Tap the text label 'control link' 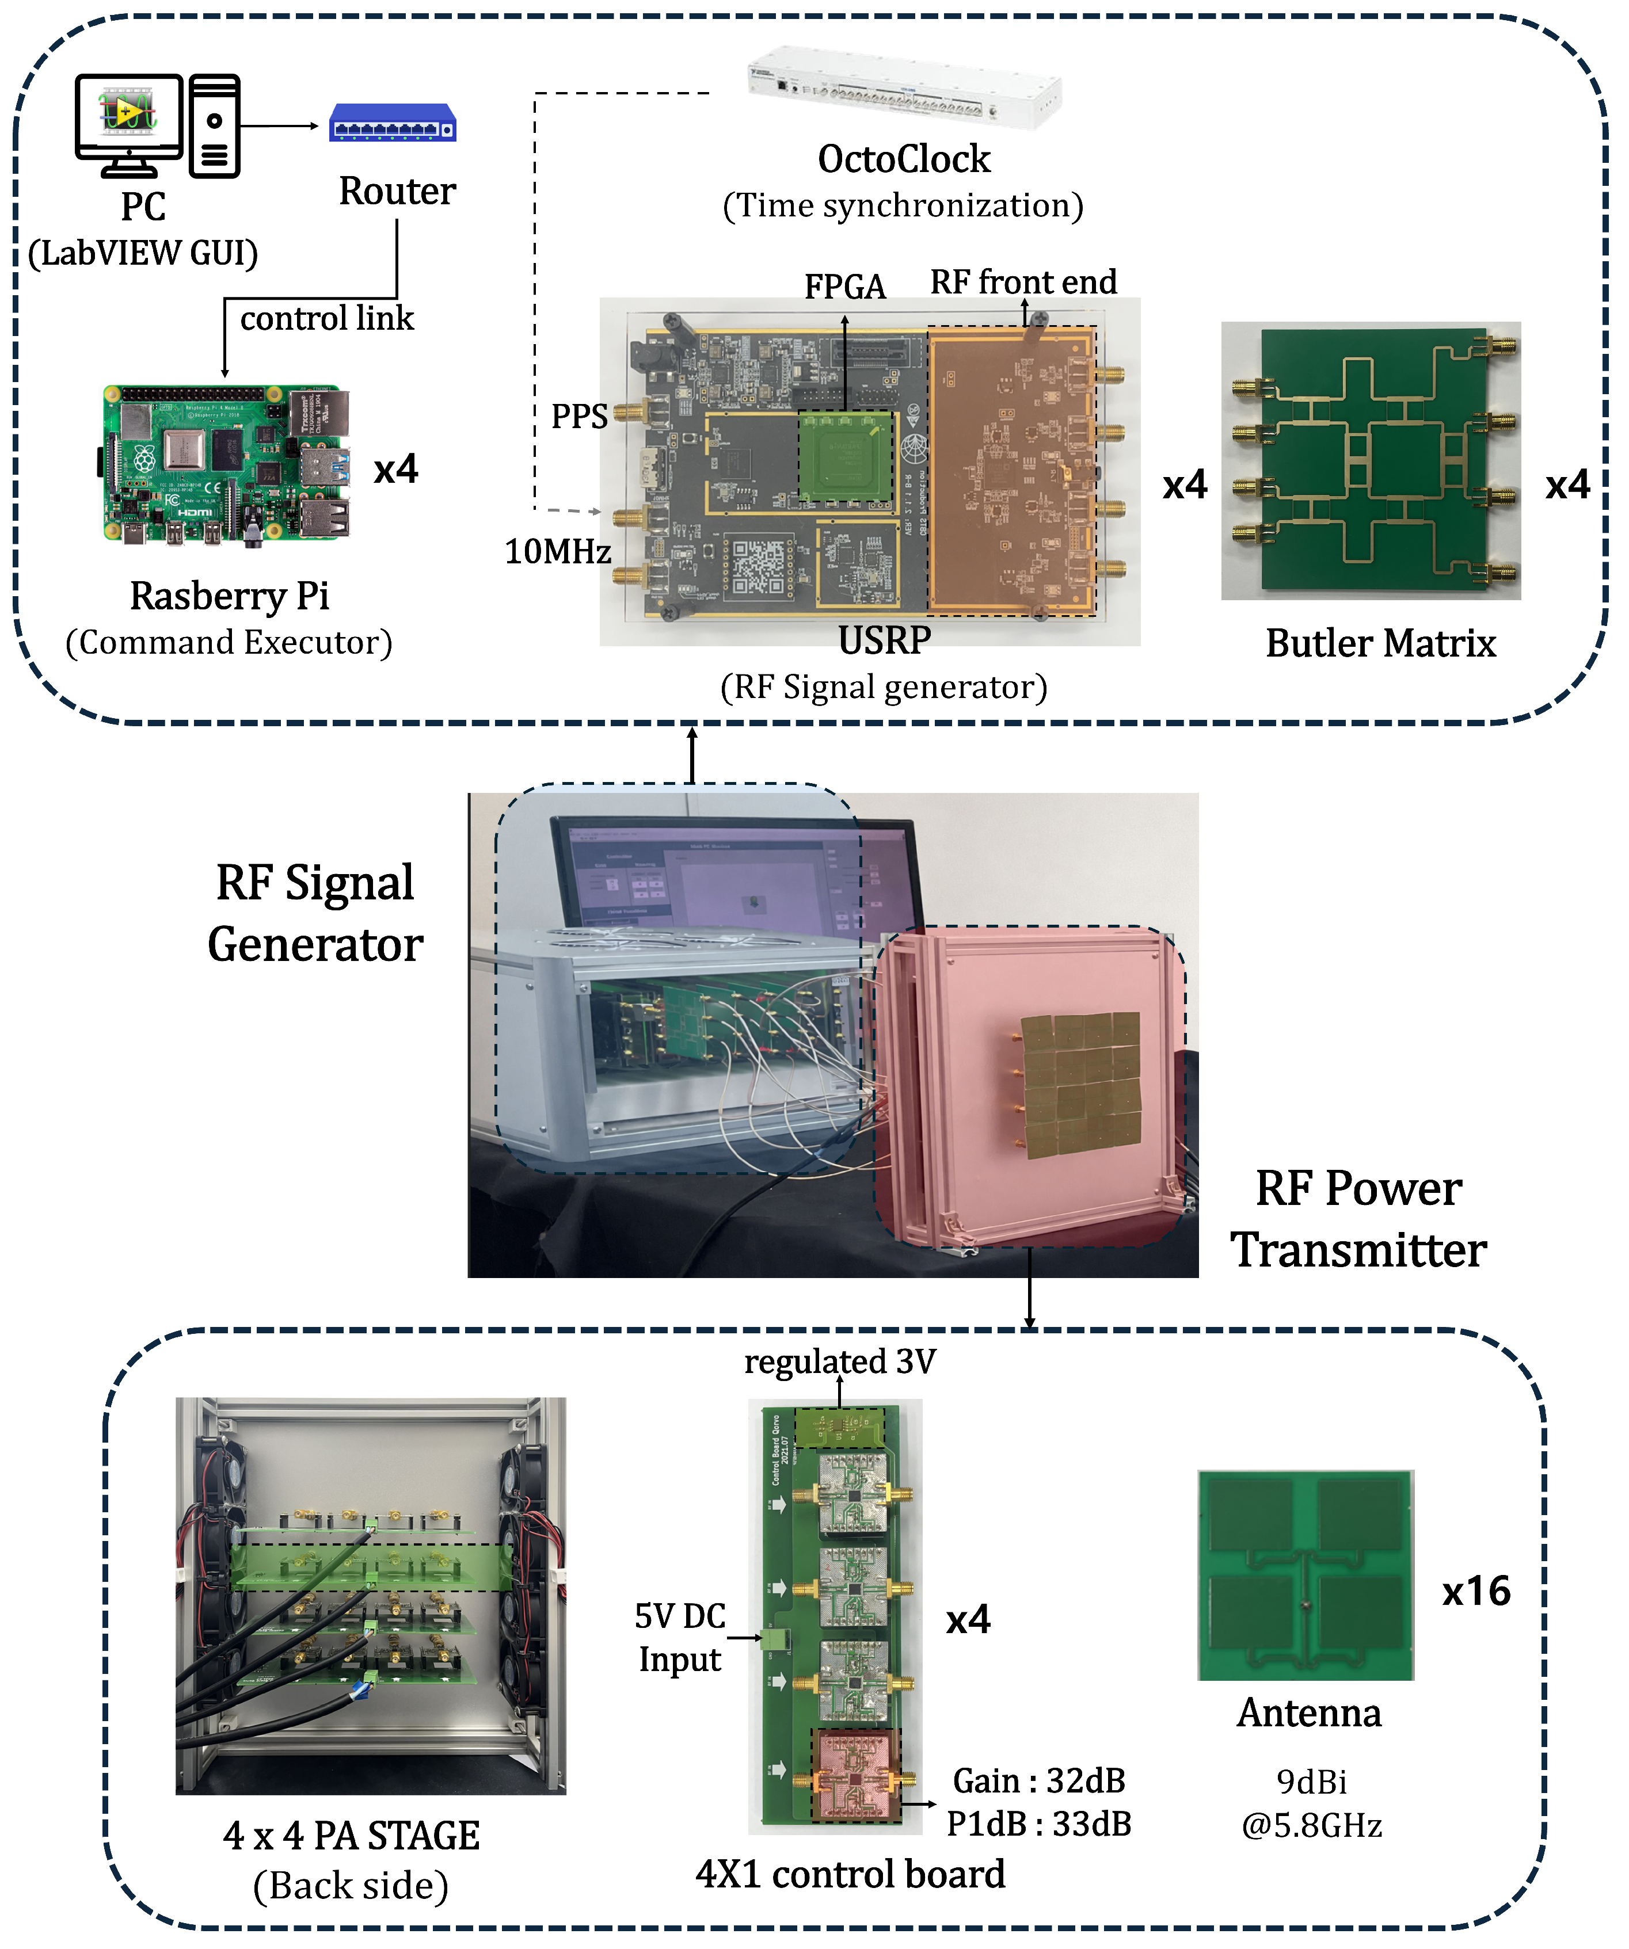pyautogui.click(x=327, y=318)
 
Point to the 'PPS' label pyautogui.click(x=579, y=416)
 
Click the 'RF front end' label pyautogui.click(x=1024, y=281)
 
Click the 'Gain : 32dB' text pyautogui.click(x=1038, y=1780)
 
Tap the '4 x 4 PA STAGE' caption pyautogui.click(x=352, y=1836)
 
